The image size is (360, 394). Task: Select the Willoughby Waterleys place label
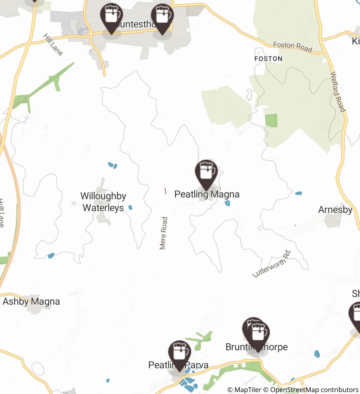[x=103, y=202]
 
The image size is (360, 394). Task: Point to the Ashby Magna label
[x=31, y=301]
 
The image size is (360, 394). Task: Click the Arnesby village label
[x=335, y=210]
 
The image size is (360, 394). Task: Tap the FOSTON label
[x=268, y=59]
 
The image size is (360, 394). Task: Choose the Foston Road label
[x=292, y=47]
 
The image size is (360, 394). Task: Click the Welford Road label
[x=338, y=92]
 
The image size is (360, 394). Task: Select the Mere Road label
[x=163, y=233]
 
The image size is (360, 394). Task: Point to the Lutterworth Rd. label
[x=272, y=264]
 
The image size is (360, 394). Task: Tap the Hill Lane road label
[x=53, y=44]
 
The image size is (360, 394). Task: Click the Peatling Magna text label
[x=207, y=194]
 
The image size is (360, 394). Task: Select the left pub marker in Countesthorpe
[x=111, y=17]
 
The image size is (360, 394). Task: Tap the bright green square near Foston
[x=271, y=120]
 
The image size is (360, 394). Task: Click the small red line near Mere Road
[x=165, y=191]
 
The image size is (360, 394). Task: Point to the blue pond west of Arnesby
[x=298, y=193]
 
